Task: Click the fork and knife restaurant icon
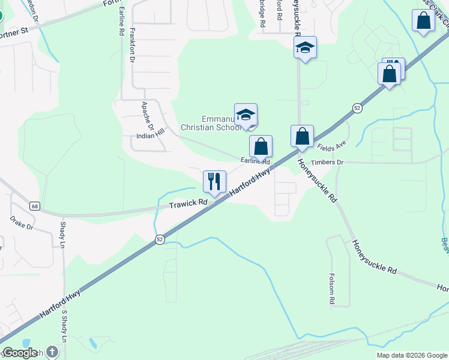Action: [x=214, y=181]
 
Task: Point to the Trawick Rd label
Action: [x=188, y=204]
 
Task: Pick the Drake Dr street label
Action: [x=22, y=223]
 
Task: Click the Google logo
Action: [x=19, y=353]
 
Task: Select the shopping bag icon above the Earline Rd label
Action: [x=261, y=146]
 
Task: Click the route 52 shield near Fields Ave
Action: [x=357, y=108]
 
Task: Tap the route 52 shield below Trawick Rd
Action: [x=160, y=239]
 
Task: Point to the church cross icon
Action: [x=52, y=352]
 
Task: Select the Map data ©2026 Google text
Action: [x=412, y=355]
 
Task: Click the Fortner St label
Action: [x=15, y=30]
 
